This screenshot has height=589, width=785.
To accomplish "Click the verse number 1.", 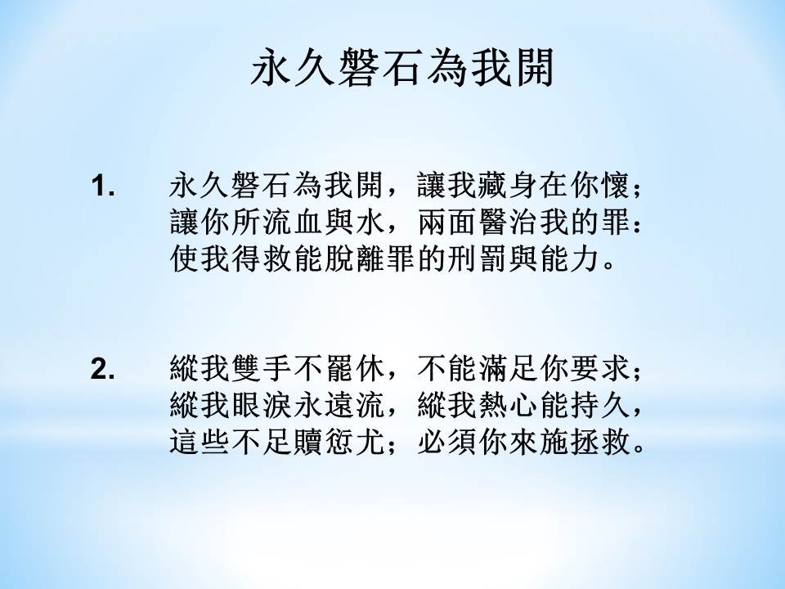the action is click(x=103, y=187).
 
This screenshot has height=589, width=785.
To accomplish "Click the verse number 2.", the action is click(x=103, y=370).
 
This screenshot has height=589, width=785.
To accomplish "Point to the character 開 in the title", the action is click(x=534, y=68).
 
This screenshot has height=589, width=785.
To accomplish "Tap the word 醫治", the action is click(x=509, y=223).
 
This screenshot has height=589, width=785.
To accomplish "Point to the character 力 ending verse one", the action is click(x=587, y=259).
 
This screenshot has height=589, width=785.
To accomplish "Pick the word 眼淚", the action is click(x=262, y=406).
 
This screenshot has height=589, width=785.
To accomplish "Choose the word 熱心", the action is click(x=509, y=406).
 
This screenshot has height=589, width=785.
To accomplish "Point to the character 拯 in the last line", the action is click(x=586, y=443).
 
